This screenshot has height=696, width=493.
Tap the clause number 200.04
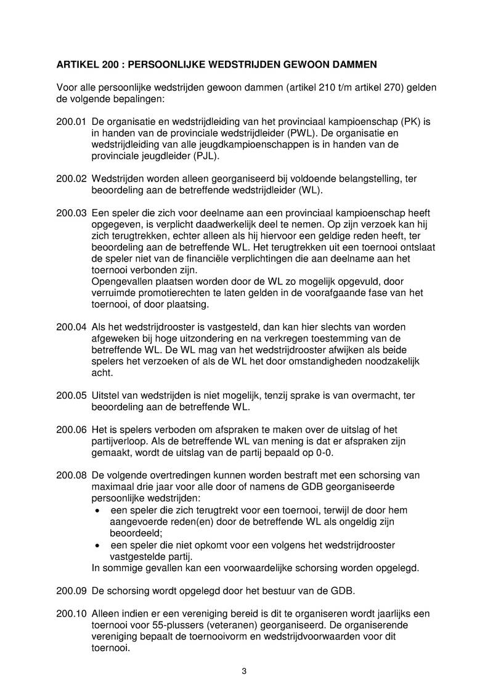point(71,327)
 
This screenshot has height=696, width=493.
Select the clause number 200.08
point(71,475)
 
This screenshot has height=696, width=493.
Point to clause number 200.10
point(71,614)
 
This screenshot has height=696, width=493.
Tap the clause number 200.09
point(71,591)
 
